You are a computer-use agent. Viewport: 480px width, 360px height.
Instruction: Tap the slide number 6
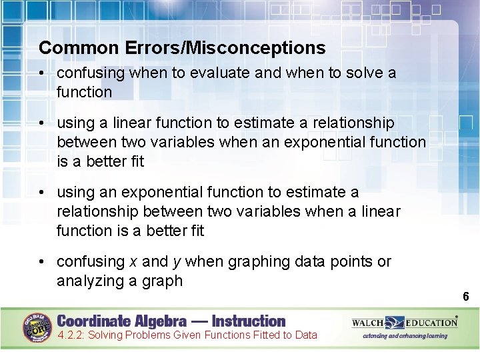coord(466,297)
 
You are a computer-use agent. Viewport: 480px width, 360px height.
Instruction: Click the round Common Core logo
coord(38,326)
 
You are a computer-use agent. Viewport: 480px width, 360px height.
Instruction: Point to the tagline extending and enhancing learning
coord(405,336)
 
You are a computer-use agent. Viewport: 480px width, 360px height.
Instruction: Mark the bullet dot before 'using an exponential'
coord(43,193)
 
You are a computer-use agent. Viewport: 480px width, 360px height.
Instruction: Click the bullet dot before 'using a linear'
coord(43,123)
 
